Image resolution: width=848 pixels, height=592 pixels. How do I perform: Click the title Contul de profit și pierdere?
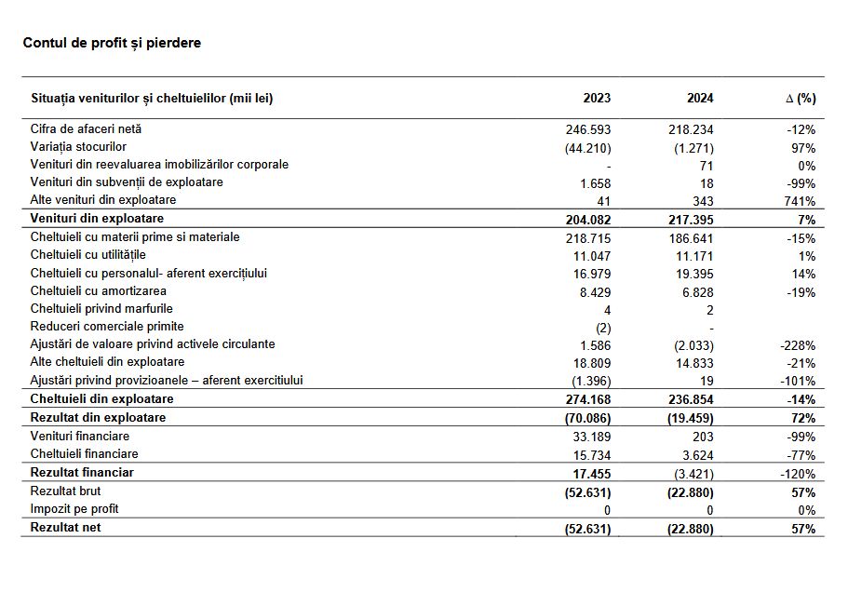coord(112,43)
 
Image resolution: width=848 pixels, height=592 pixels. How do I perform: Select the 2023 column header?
coord(597,98)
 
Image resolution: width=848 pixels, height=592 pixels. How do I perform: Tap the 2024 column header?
coord(699,98)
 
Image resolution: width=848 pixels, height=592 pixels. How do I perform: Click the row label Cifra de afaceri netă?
coord(86,129)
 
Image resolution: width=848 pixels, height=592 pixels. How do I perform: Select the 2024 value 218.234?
coord(691,130)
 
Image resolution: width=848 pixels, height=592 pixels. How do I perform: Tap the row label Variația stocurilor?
coord(78,147)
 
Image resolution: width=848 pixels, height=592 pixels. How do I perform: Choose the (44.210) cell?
coord(587,148)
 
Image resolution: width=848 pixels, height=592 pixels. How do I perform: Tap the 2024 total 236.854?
coord(691,399)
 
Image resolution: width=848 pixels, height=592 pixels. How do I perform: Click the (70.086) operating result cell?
coord(586,418)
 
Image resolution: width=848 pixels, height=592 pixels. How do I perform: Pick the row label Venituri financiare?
coord(80,436)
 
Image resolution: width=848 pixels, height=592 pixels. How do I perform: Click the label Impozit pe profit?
coord(74,508)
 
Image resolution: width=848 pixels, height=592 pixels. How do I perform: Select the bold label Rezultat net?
coord(66,527)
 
